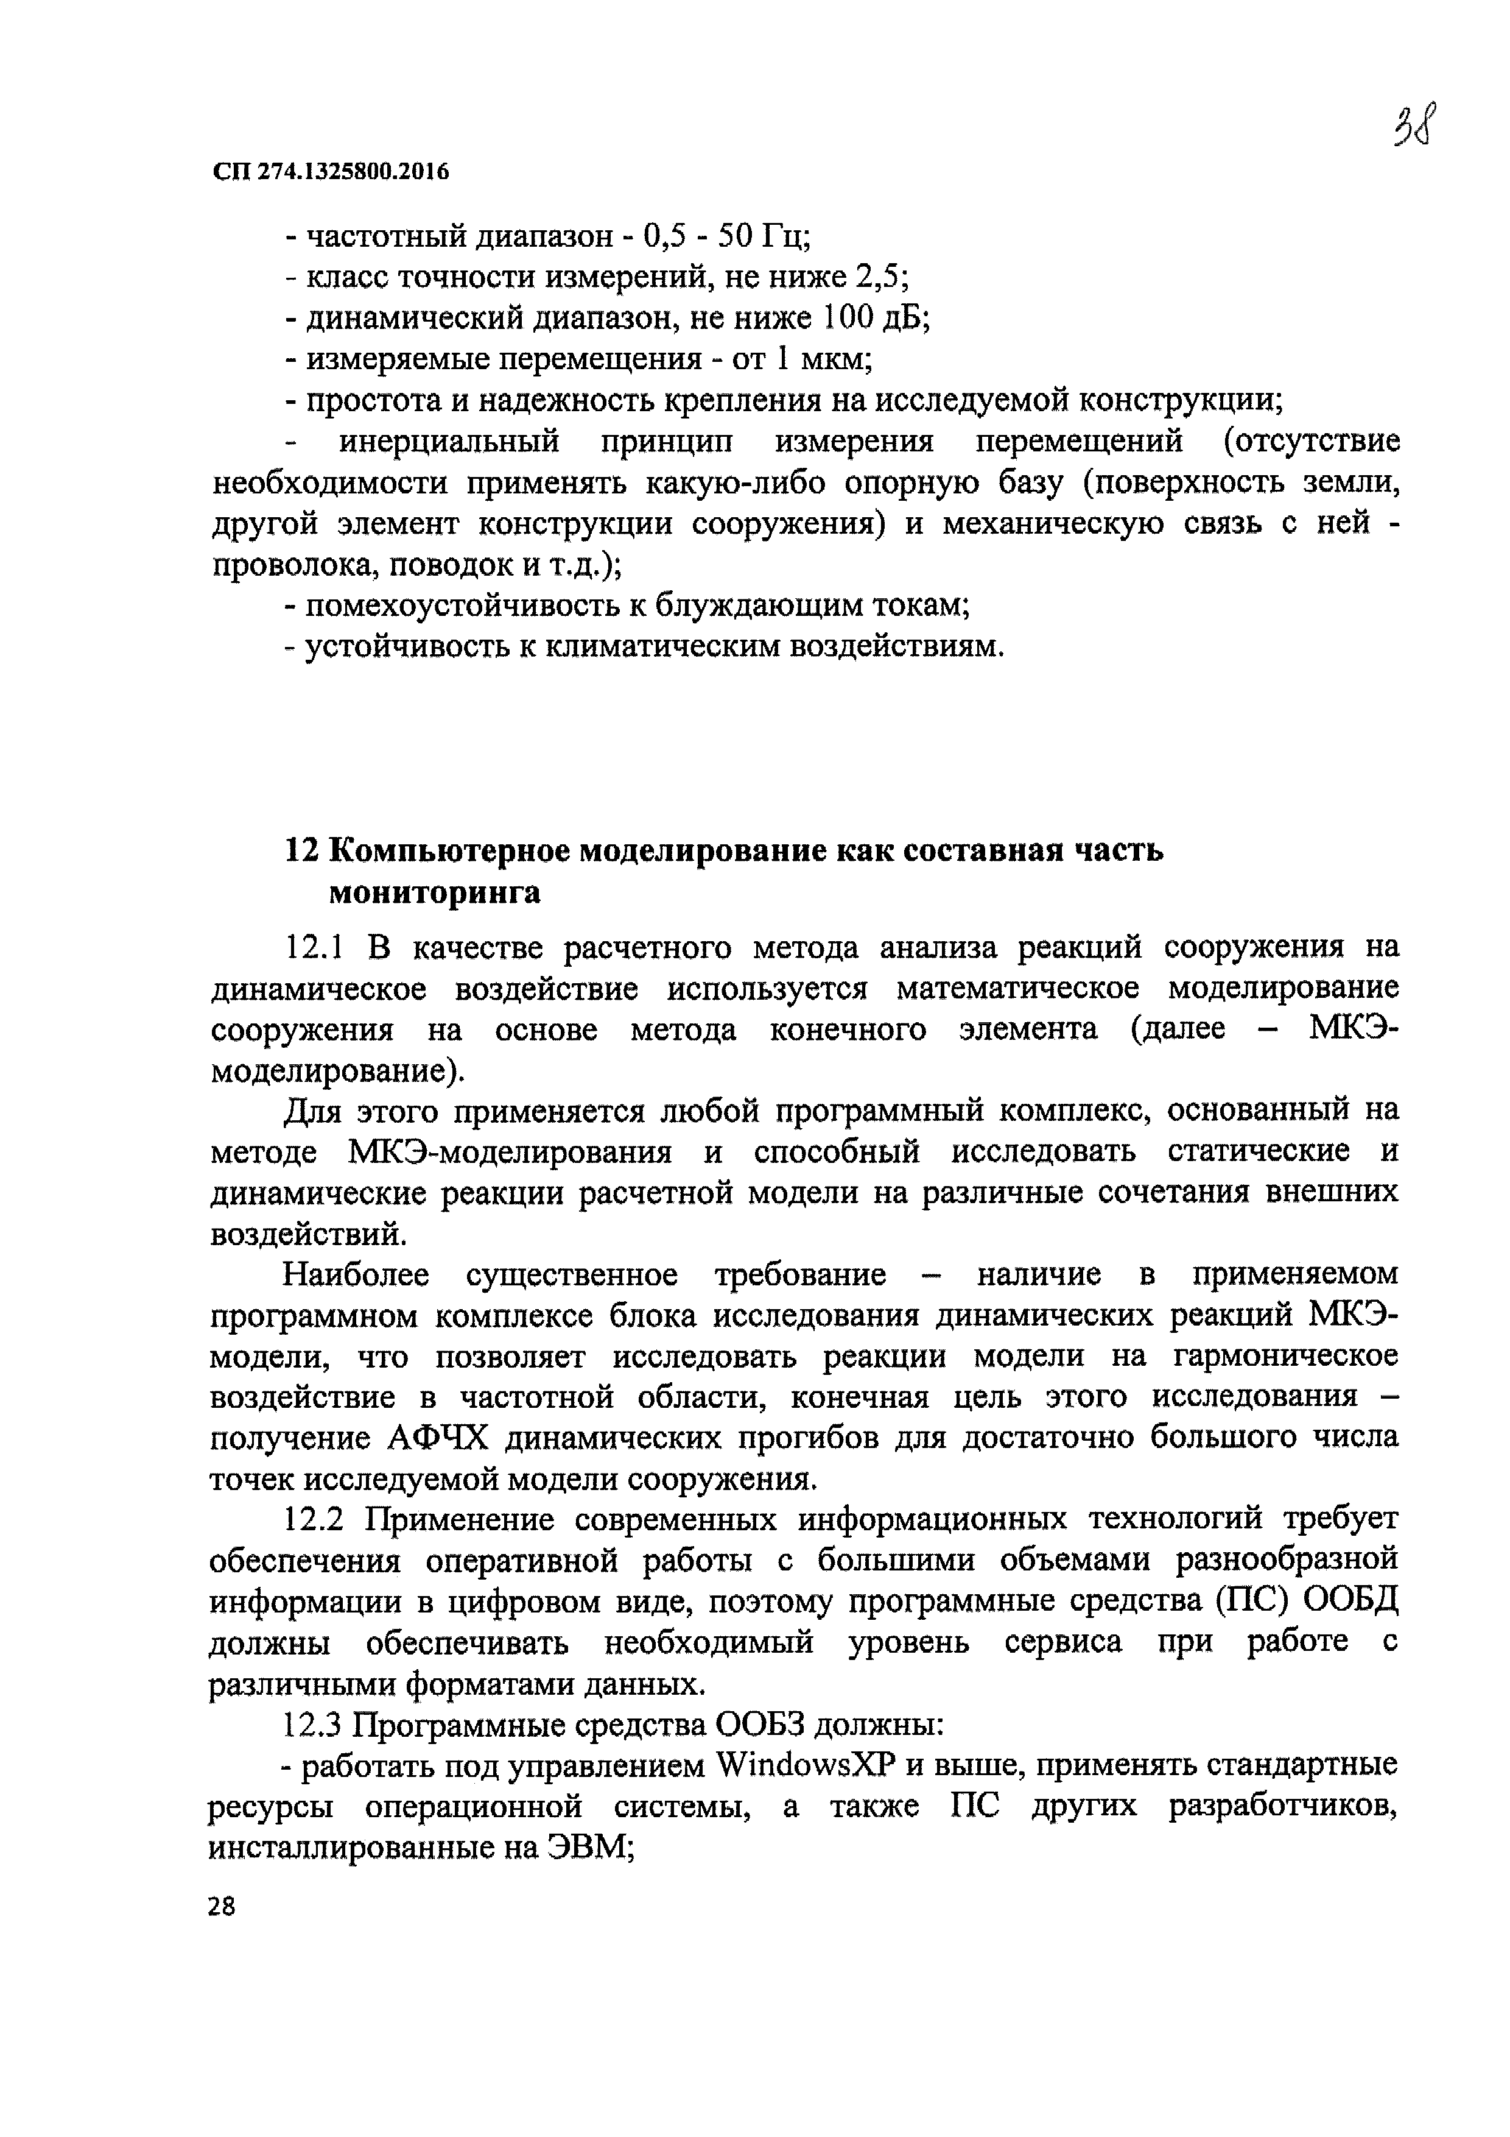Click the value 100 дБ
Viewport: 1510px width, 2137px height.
pos(876,319)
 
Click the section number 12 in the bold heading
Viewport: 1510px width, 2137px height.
pos(301,850)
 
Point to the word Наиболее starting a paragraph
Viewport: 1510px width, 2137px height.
pos(356,1274)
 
